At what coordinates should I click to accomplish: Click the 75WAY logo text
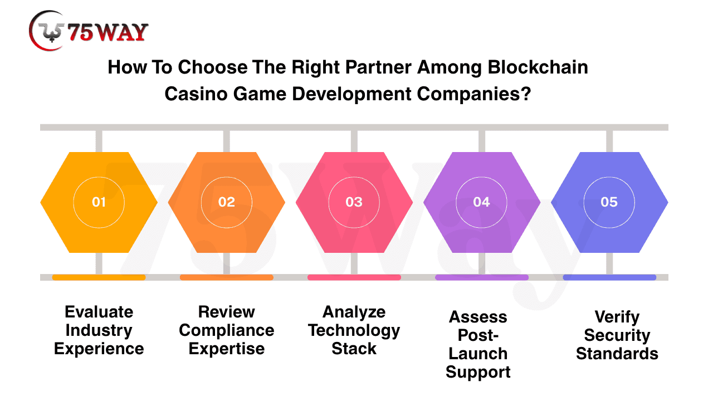click(x=108, y=32)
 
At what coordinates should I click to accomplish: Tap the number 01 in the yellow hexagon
click(x=99, y=202)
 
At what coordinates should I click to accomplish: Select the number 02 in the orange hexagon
click(x=226, y=202)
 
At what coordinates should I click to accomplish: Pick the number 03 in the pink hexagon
click(x=354, y=202)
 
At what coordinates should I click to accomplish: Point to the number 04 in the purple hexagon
click(x=482, y=202)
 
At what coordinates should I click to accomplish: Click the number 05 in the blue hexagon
click(x=609, y=202)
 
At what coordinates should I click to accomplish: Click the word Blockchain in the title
click(x=538, y=67)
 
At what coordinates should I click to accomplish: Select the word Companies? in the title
click(x=474, y=95)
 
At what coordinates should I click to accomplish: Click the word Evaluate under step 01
click(x=99, y=312)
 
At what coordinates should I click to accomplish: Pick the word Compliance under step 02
click(x=227, y=331)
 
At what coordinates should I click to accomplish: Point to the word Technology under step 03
click(x=354, y=331)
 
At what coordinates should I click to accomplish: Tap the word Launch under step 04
click(x=478, y=354)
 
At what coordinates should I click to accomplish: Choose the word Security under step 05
click(x=617, y=336)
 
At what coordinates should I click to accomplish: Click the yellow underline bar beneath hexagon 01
click(x=99, y=277)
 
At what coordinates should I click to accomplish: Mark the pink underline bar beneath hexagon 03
click(x=354, y=277)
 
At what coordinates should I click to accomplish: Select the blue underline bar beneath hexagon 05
click(x=609, y=277)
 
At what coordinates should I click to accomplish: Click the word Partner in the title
click(x=378, y=67)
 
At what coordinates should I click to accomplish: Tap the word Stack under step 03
click(x=354, y=349)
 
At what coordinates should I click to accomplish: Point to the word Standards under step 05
click(x=617, y=354)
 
